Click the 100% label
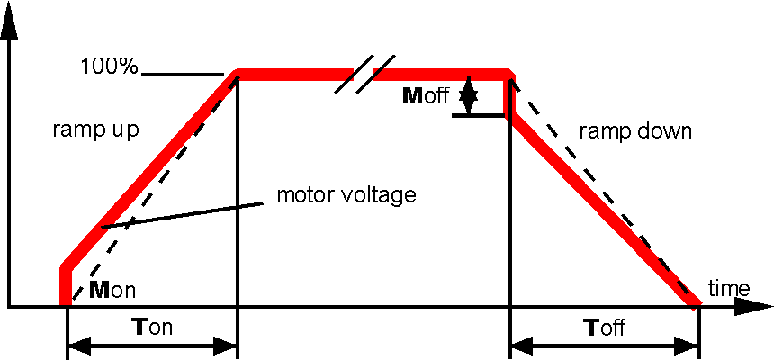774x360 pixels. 109,66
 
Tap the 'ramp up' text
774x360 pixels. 94,130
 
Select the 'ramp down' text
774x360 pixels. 635,130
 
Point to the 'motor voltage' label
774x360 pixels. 346,194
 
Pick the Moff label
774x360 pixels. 426,96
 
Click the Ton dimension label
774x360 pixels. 153,328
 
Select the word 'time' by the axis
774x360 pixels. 729,288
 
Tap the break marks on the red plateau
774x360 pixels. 365,73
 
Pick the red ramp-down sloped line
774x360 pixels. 603,211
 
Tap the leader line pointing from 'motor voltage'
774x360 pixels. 180,214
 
